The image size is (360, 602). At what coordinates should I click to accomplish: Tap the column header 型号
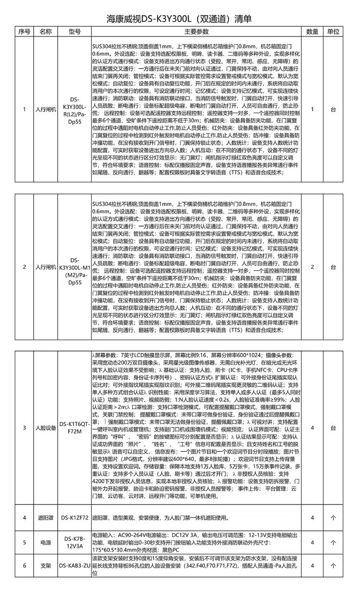point(74,32)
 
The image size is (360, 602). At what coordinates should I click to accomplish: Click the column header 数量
point(312,32)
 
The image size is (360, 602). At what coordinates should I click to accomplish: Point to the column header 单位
point(334,32)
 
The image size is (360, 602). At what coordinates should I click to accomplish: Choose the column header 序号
point(24,32)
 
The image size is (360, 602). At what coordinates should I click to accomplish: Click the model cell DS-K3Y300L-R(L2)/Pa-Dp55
point(74,109)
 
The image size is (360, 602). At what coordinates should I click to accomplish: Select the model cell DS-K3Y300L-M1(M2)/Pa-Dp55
point(74,267)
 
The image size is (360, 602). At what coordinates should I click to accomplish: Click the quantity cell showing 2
point(312,267)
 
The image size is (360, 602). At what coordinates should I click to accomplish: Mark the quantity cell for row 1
point(312,109)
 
